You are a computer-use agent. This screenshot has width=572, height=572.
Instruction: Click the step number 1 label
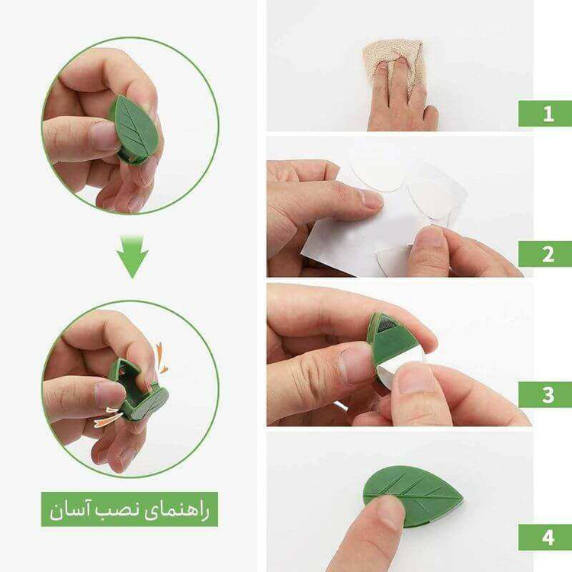(548, 114)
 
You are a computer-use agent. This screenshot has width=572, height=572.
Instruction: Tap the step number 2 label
(548, 254)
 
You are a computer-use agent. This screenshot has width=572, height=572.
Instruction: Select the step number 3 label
(548, 395)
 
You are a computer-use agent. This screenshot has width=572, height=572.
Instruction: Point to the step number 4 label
(548, 537)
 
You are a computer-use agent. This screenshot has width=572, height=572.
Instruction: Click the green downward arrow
(133, 256)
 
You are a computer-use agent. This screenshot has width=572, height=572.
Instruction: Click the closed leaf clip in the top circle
(134, 130)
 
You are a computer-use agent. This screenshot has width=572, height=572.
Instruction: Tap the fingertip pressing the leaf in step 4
(390, 511)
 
